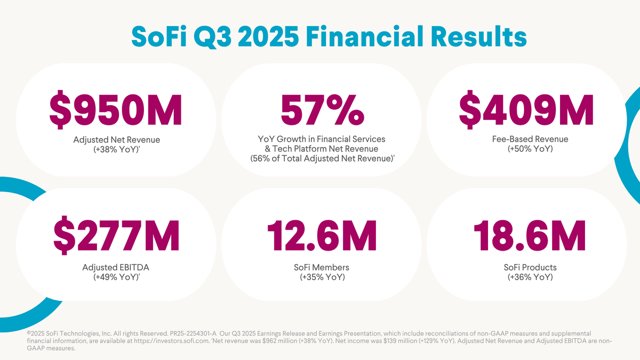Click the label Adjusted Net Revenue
116,140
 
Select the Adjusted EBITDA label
116,267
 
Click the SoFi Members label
322,267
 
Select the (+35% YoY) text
322,277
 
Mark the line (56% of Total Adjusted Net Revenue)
322,159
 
